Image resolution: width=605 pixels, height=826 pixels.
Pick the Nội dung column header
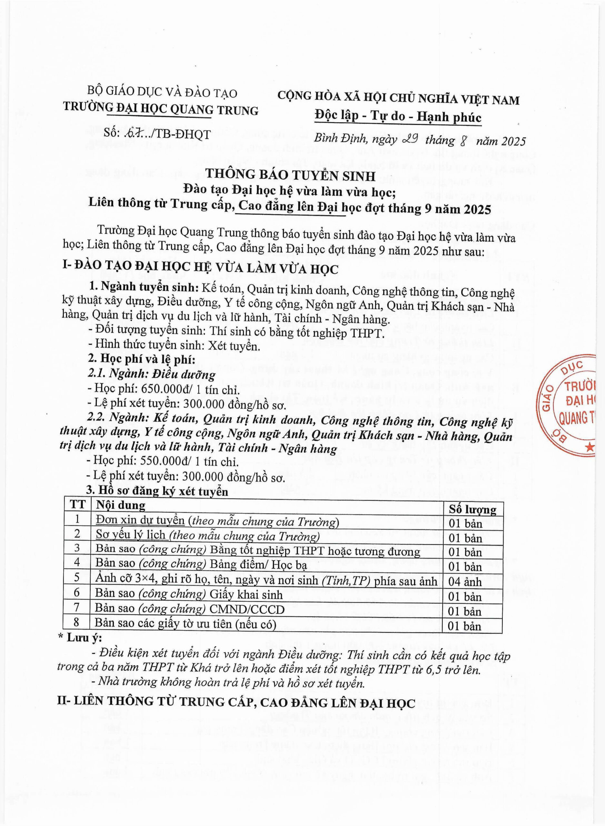point(121,505)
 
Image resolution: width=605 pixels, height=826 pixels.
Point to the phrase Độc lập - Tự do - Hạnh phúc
point(398,116)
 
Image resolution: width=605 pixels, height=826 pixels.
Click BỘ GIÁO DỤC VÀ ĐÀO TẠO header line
point(162,92)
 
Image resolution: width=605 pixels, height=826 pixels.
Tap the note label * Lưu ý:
point(80,638)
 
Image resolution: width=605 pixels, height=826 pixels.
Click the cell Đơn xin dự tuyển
point(140,521)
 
